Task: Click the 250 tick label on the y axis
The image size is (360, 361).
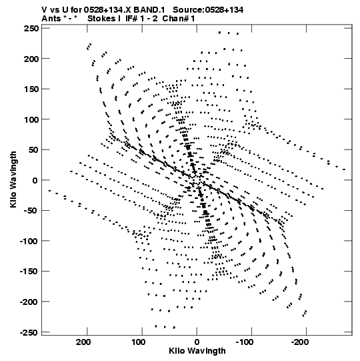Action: click(31, 29)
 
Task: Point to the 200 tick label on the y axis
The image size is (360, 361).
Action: click(31, 59)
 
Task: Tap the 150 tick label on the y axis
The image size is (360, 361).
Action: click(31, 89)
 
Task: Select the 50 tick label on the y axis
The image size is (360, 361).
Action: click(34, 150)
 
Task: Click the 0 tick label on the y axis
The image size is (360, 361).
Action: click(35, 180)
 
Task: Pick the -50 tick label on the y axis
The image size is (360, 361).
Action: click(32, 211)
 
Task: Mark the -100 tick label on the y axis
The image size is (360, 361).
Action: click(29, 242)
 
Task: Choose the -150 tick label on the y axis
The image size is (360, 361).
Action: click(29, 272)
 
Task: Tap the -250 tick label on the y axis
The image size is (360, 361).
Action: click(29, 332)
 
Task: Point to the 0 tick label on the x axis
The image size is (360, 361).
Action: click(197, 342)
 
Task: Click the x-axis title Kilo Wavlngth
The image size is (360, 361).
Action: click(197, 351)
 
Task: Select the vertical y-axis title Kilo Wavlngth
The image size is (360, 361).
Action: click(13, 179)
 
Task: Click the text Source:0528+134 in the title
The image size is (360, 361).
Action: click(208, 10)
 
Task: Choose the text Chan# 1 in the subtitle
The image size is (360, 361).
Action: click(179, 19)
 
